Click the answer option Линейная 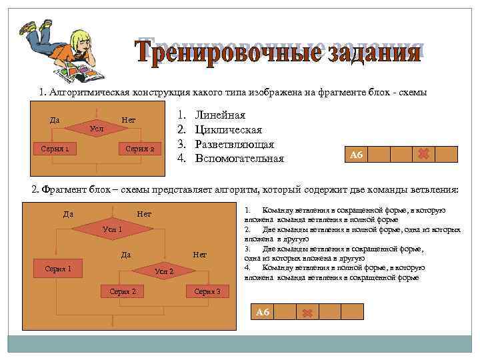point(220,115)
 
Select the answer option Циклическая point(228,130)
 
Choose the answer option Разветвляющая point(234,144)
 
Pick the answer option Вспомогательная point(239,159)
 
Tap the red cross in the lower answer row point(307,312)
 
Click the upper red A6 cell point(355,155)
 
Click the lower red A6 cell point(262,312)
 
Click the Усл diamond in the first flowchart point(97,127)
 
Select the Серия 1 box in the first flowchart point(56,148)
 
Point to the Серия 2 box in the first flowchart point(140,148)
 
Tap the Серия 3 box point(207,291)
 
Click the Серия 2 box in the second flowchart point(123,291)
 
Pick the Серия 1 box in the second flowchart point(58,269)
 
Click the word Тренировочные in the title point(209,51)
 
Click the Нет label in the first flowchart point(129,120)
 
